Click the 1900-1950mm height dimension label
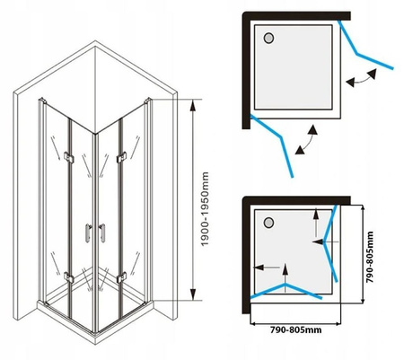tap(205, 208)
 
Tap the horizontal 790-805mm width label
tap(296, 329)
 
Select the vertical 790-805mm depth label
tap(370, 257)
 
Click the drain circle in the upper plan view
tap(268, 39)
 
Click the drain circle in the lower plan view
tap(268, 223)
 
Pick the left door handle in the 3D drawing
tap(88, 233)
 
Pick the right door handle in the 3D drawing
tap(102, 233)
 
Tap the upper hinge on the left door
tap(69, 157)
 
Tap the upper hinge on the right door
tap(121, 157)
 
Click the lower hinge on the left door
tap(69, 277)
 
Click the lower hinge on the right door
tap(121, 277)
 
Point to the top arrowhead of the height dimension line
tap(193, 105)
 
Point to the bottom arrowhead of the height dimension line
tap(193, 294)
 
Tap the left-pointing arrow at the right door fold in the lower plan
tap(325, 241)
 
